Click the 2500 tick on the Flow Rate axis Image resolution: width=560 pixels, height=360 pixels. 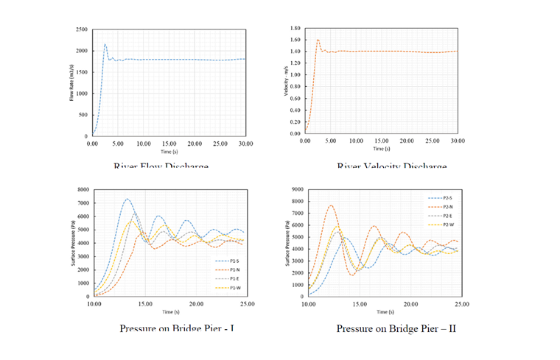(x=82, y=29)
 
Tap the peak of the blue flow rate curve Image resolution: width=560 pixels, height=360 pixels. (x=105, y=44)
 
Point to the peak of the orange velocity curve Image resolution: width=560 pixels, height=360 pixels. (x=318, y=40)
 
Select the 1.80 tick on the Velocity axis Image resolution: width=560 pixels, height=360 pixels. (x=295, y=27)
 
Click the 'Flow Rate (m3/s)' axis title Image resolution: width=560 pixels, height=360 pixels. (x=72, y=83)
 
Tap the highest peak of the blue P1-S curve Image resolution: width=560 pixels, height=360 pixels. (x=127, y=199)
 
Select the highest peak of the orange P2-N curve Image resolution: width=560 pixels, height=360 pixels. (x=332, y=205)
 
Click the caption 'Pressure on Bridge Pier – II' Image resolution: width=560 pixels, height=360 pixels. (x=396, y=328)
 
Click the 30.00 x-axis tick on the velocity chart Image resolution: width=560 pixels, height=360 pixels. (x=457, y=140)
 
